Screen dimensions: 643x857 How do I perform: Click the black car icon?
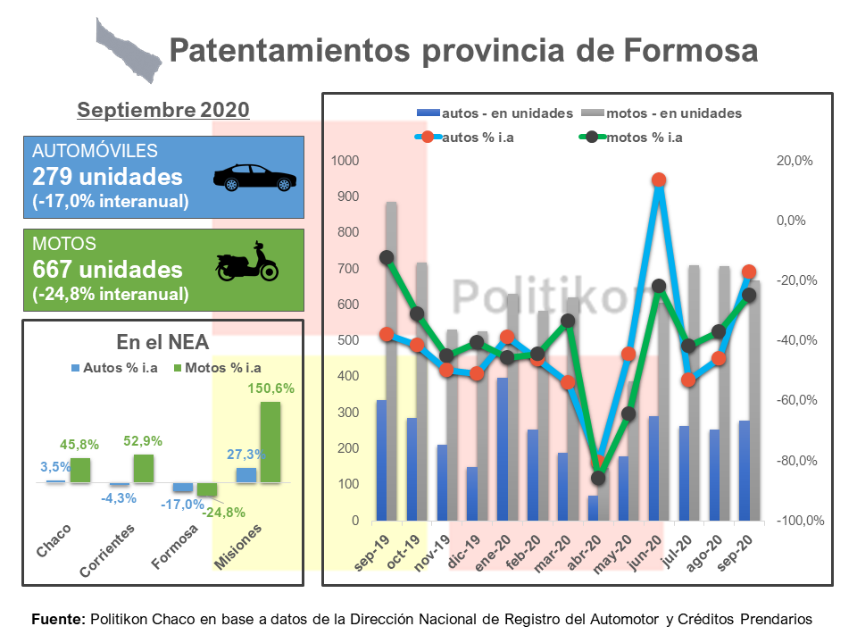(254, 178)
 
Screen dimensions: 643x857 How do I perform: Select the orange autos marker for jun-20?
(659, 180)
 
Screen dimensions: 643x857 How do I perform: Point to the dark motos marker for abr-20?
(597, 478)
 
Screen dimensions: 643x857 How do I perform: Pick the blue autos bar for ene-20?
(503, 449)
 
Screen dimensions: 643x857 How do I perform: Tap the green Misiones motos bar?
(270, 442)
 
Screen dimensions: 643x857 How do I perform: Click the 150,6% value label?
(270, 388)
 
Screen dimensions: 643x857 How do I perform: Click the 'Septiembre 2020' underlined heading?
(163, 110)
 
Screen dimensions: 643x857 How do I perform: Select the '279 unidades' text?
(107, 176)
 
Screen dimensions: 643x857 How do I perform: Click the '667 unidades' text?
(107, 269)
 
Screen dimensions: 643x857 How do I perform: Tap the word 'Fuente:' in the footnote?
(58, 618)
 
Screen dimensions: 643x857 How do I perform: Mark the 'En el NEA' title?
(162, 341)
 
